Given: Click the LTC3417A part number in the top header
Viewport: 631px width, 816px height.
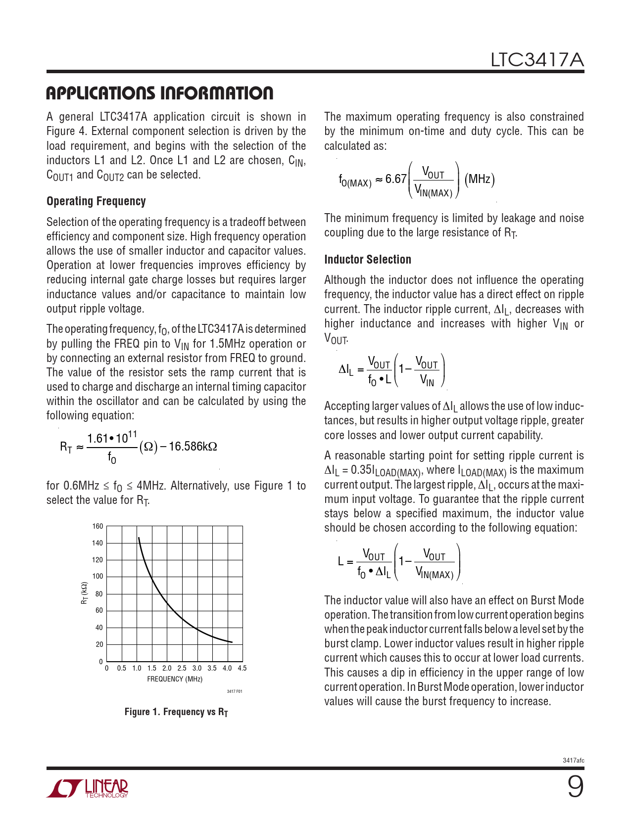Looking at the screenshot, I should click(537, 60).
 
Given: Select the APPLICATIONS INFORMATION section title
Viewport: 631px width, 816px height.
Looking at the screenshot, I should click(159, 93).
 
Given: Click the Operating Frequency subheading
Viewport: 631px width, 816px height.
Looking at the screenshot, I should click(96, 201).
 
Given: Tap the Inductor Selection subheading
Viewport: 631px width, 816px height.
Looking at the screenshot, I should click(367, 260).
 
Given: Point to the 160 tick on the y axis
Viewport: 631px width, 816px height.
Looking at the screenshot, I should click(97, 526).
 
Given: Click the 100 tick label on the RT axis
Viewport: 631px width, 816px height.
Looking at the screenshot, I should click(97, 577).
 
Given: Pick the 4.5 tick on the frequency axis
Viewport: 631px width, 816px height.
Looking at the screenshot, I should click(242, 668).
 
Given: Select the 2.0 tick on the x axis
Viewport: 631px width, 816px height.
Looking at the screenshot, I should click(167, 668).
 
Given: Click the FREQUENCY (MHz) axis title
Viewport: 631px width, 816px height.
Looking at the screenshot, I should click(175, 679).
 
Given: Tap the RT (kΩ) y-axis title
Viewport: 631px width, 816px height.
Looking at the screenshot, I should click(85, 593).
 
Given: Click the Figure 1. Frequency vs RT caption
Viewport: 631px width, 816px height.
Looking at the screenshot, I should click(176, 712).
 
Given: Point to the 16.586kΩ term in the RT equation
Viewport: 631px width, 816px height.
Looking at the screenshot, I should click(193, 447).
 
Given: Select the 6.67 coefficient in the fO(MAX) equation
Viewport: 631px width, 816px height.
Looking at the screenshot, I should click(395, 179).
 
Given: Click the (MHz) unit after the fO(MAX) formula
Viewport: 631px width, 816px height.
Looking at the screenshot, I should click(480, 179).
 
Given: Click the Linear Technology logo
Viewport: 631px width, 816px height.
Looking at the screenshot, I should click(88, 788).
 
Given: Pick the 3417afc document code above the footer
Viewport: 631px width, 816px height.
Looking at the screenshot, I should click(573, 760).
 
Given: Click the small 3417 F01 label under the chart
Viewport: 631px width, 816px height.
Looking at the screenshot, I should click(235, 691).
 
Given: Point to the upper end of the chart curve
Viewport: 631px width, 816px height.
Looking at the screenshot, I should click(139, 538).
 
